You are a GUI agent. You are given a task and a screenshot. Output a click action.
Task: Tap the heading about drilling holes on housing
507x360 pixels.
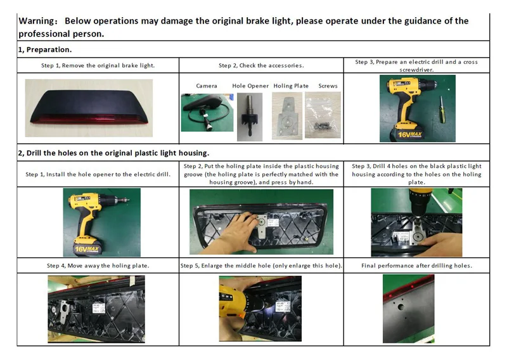(113, 152)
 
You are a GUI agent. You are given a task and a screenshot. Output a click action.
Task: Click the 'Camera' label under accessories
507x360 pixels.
(206, 86)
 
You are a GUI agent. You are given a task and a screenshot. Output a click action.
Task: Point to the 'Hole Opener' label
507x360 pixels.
(250, 86)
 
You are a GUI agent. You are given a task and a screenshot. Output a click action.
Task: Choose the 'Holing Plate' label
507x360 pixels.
(291, 86)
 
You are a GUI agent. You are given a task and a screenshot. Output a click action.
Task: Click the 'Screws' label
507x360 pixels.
(328, 86)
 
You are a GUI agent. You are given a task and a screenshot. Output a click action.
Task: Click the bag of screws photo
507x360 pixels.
(323, 112)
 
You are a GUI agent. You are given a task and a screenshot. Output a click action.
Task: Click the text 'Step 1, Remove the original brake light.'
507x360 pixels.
(99, 65)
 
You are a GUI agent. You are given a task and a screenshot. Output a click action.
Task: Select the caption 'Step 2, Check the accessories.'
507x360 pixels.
(261, 65)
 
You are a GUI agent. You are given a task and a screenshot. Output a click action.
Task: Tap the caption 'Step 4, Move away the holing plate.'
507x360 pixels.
(98, 265)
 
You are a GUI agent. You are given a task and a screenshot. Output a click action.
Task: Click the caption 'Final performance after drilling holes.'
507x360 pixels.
(416, 265)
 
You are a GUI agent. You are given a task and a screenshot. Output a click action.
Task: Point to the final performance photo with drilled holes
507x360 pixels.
(416, 308)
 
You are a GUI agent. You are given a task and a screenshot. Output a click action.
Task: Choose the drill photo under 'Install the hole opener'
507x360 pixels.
(97, 222)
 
